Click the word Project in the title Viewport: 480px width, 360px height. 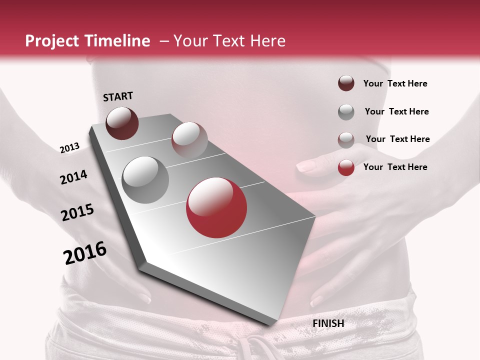pos(52,41)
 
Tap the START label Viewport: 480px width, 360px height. pos(118,96)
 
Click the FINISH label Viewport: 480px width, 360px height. pos(328,323)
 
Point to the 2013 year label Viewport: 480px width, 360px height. pos(69,148)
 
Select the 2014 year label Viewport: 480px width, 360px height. pos(73,177)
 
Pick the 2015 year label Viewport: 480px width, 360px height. pos(77,212)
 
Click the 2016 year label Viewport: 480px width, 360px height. pos(85,253)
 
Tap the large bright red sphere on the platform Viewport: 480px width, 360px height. pos(216,208)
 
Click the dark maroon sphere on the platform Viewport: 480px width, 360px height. pos(122,123)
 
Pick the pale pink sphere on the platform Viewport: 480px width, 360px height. pos(189,140)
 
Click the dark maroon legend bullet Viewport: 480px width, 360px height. pos(346,83)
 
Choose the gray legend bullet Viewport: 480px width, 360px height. pos(346,112)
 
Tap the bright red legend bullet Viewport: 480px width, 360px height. pos(346,167)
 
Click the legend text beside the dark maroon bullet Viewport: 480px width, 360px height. pos(395,83)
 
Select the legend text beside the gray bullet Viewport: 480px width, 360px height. pos(396,111)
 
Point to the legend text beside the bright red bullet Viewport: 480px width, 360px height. pos(395,167)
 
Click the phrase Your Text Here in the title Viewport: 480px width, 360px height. pos(229,41)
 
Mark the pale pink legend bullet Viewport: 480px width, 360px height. pos(346,140)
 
